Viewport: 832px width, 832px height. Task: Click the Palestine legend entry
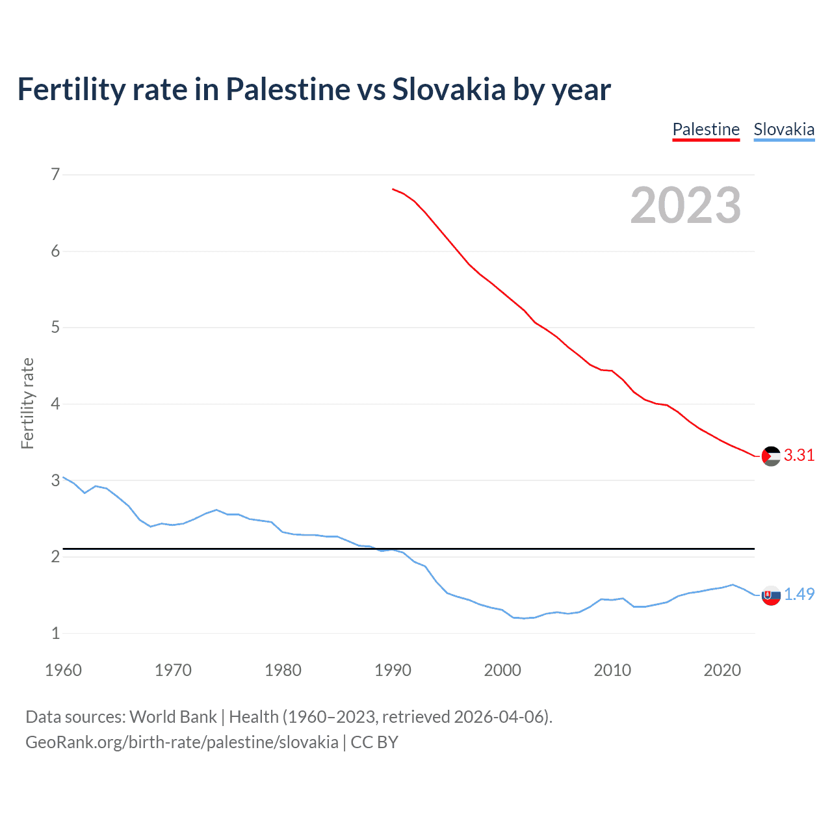click(x=706, y=129)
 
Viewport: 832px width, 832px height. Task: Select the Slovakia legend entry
click(x=784, y=129)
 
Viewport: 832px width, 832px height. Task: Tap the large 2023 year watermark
click(x=686, y=205)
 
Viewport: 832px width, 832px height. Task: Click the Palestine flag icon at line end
click(x=771, y=456)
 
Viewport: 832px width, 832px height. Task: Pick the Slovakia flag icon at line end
click(x=771, y=595)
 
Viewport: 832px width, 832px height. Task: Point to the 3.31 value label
click(x=799, y=455)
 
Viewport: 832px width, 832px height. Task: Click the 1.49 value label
click(x=799, y=594)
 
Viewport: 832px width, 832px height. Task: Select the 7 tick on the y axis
click(x=55, y=174)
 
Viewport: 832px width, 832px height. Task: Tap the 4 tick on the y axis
click(x=55, y=404)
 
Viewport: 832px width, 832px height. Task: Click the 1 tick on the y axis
click(x=55, y=633)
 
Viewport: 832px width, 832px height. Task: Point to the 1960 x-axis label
click(x=63, y=670)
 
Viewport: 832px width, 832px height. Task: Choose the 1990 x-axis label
click(x=393, y=670)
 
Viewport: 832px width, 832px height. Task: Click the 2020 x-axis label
click(x=722, y=670)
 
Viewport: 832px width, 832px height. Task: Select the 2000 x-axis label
click(x=502, y=670)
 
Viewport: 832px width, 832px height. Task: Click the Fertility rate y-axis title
click(x=27, y=403)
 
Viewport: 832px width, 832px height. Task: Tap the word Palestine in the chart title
click(x=287, y=89)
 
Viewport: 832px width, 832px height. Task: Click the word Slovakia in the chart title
click(x=448, y=89)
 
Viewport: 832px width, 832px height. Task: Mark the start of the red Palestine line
click(x=393, y=189)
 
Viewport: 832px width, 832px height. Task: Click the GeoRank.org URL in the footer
click(x=182, y=742)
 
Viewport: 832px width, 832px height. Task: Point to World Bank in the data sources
click(x=173, y=717)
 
